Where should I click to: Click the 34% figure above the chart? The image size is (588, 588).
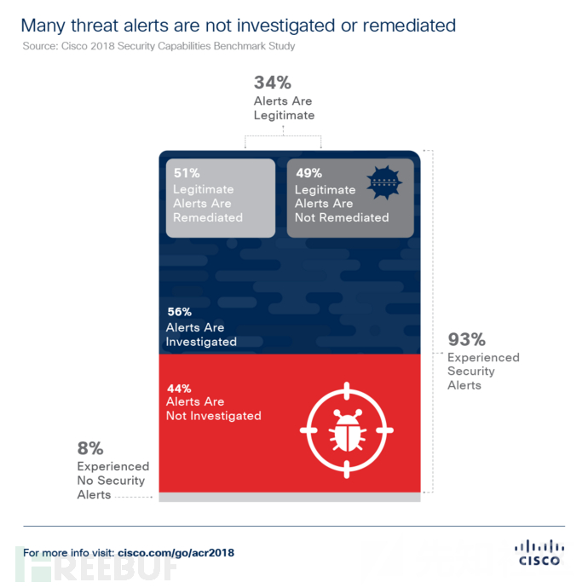click(x=273, y=84)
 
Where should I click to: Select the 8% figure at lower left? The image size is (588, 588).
click(x=90, y=448)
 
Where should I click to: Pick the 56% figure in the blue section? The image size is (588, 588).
click(x=180, y=311)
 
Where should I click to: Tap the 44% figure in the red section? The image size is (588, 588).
click(x=179, y=388)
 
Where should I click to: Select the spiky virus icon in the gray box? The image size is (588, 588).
click(x=382, y=182)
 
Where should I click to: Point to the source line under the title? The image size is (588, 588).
click(x=159, y=46)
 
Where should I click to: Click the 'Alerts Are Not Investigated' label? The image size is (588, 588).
click(x=213, y=409)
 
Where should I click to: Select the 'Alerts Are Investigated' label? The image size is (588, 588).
click(x=201, y=334)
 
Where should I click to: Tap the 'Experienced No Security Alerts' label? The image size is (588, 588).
click(x=112, y=481)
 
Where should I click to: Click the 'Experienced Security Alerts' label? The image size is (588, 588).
click(x=482, y=372)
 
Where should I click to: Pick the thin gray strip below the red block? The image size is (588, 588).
click(x=290, y=497)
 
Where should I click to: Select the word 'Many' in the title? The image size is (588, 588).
click(x=43, y=26)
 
